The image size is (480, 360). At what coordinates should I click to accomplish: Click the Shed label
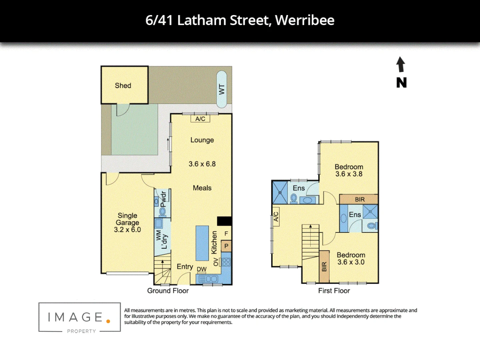point(123,86)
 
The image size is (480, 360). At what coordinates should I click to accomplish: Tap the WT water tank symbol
point(222,89)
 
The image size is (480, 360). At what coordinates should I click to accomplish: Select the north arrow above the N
point(401,64)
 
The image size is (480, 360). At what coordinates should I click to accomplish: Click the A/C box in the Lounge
point(200,119)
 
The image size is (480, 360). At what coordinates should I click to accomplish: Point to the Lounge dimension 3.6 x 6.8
point(202,164)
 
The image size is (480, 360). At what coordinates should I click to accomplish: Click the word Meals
point(202,188)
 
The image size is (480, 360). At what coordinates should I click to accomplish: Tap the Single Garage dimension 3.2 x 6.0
point(127,230)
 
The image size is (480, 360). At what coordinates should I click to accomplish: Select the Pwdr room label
point(163,199)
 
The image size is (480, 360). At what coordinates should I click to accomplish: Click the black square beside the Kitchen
point(224,221)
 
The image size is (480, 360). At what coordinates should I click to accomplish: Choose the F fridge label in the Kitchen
point(226,234)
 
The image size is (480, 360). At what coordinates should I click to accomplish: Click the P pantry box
point(226,246)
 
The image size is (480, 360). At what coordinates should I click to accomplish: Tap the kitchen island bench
point(202,243)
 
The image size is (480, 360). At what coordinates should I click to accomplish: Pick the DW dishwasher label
point(202,269)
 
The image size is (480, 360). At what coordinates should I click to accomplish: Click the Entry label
point(185,267)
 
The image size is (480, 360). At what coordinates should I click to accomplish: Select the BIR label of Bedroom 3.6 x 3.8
point(360,199)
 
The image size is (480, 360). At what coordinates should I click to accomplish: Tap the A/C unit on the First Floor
point(276,217)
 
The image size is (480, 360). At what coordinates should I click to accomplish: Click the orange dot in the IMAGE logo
point(108,321)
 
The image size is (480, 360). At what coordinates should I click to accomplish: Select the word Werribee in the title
point(305,20)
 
